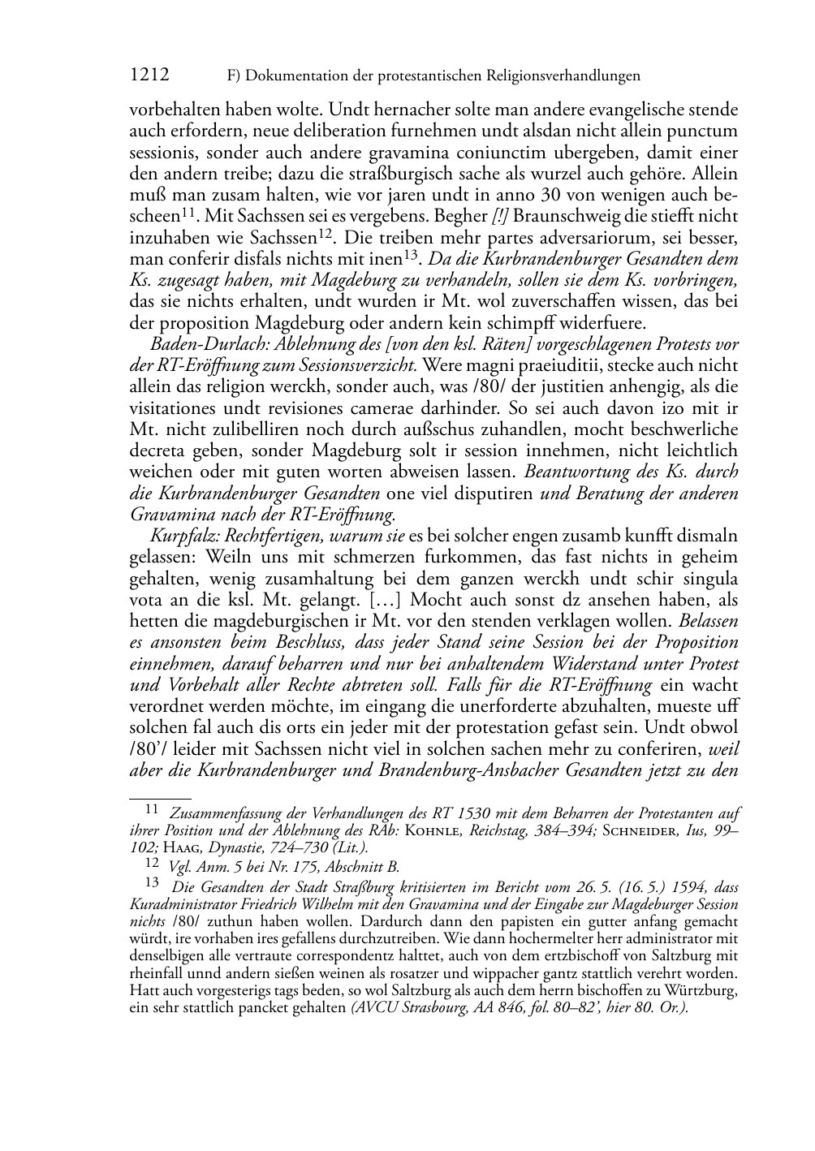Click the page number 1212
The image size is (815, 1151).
tap(149, 75)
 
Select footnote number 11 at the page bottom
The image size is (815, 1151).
tap(150, 809)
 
